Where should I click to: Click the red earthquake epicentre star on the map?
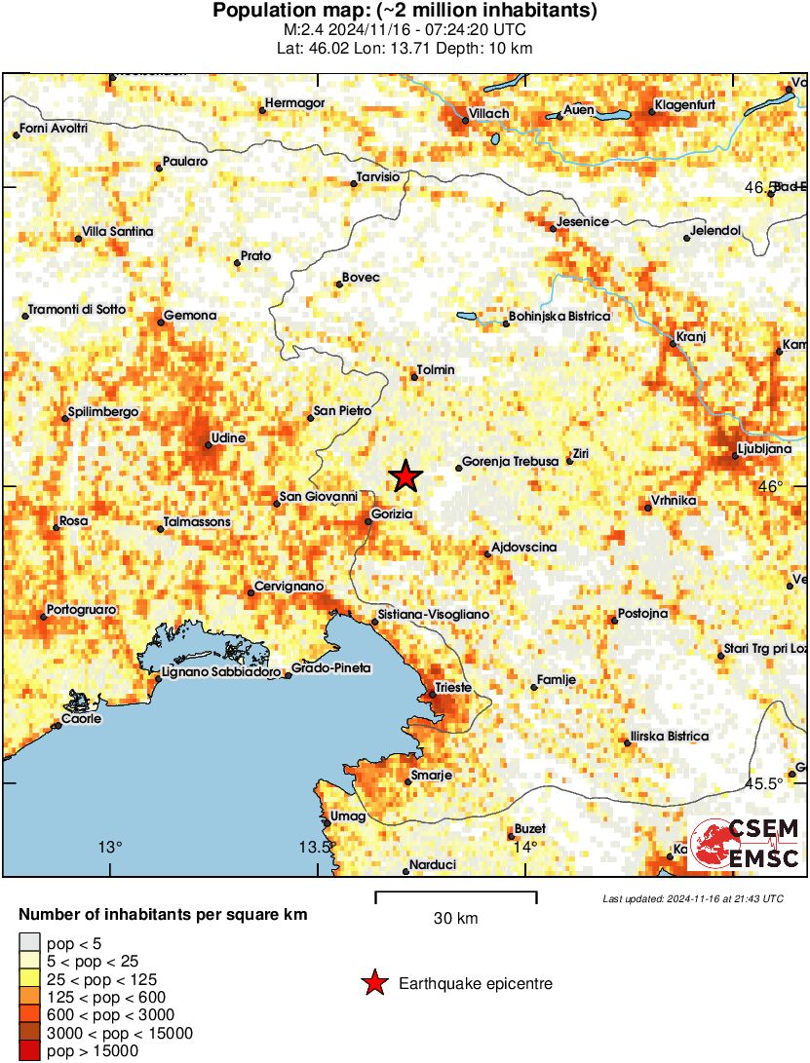pos(405,476)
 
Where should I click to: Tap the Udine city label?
pos(230,438)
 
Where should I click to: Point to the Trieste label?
pos(453,688)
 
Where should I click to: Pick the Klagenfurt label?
pos(686,104)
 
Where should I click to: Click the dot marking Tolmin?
pos(414,378)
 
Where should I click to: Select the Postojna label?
pos(643,614)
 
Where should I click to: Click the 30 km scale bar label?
pos(455,918)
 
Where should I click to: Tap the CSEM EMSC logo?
pos(744,845)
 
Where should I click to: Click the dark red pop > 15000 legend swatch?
pos(30,1051)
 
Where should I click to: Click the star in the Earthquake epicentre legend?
pos(373,984)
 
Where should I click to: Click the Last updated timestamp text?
pos(692,897)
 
